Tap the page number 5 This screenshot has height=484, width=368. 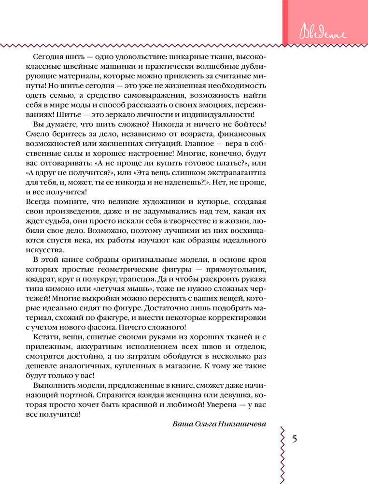point(296,439)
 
